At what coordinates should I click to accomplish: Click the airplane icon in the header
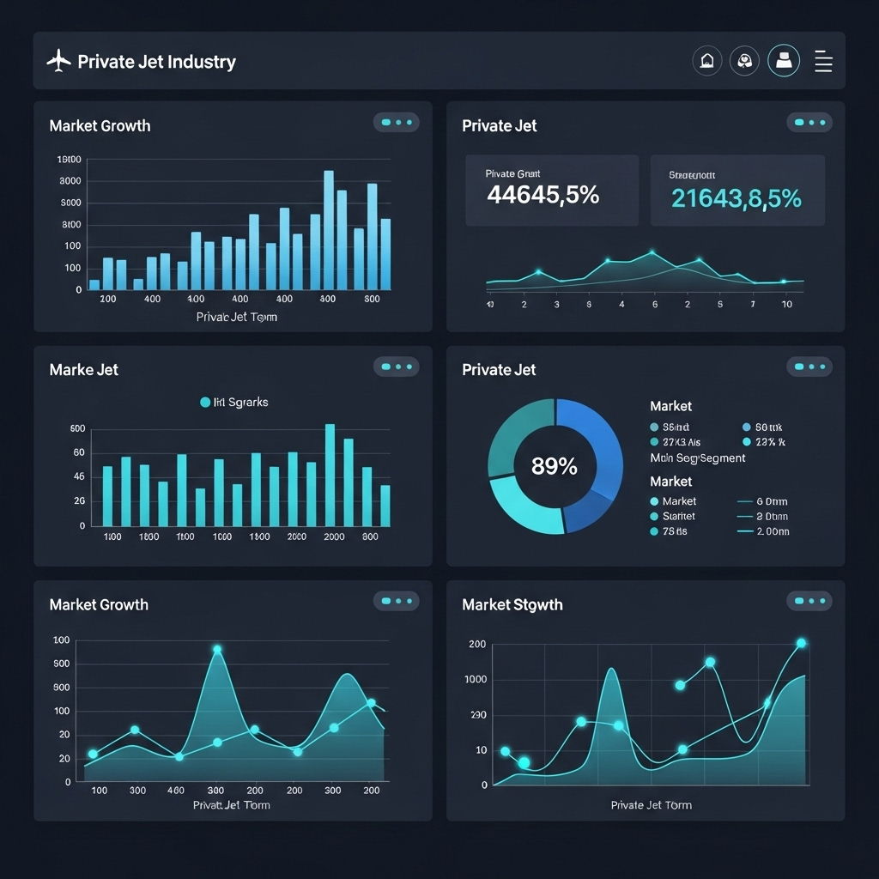(58, 61)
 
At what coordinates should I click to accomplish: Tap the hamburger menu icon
(823, 61)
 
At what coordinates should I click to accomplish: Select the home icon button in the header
(706, 61)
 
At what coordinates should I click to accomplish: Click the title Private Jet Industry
(156, 62)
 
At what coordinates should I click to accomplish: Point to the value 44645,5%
(543, 196)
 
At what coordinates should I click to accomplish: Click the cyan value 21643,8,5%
(736, 198)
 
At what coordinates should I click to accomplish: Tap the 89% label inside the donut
(555, 466)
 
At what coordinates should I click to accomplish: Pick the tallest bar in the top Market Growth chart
(329, 229)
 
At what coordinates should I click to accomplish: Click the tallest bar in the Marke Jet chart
(330, 475)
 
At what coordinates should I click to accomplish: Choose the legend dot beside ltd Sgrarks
(205, 402)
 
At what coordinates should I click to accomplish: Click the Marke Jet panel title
(84, 370)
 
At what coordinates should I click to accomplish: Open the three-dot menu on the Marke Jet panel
(396, 367)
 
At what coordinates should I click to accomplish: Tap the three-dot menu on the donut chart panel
(809, 367)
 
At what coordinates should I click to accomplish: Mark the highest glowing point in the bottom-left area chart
(217, 650)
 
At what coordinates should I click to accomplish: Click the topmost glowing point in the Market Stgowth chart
(801, 643)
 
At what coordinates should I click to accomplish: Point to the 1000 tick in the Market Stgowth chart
(475, 679)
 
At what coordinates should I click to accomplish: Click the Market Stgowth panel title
(512, 605)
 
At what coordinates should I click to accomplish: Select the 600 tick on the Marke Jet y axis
(77, 428)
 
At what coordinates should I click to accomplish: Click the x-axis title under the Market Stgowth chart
(651, 805)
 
